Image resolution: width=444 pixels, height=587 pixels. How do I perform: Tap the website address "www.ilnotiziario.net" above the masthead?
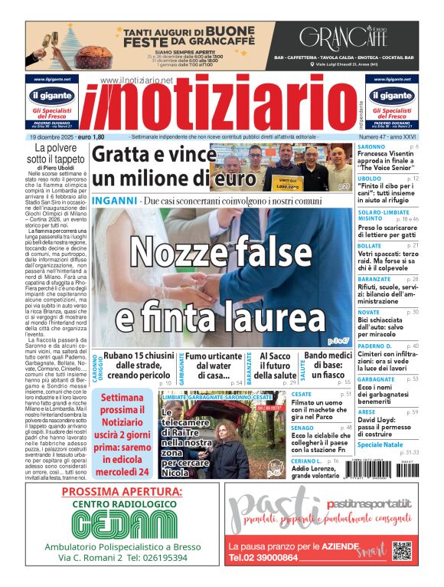pyautogui.click(x=136, y=80)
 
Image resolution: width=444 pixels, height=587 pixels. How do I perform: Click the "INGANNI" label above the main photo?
pyautogui.click(x=114, y=201)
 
